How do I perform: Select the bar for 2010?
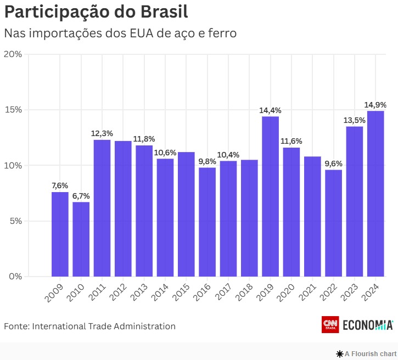[x=81, y=239]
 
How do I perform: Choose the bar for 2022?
[x=333, y=223]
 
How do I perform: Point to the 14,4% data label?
[x=270, y=110]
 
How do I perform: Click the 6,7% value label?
[x=81, y=196]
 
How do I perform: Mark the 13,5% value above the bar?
[x=354, y=120]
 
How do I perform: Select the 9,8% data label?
[x=207, y=161]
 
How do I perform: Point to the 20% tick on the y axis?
[x=13, y=54]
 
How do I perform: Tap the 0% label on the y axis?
[x=15, y=276]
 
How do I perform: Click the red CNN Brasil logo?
[x=330, y=325]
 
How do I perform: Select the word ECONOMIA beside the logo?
[x=368, y=325]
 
